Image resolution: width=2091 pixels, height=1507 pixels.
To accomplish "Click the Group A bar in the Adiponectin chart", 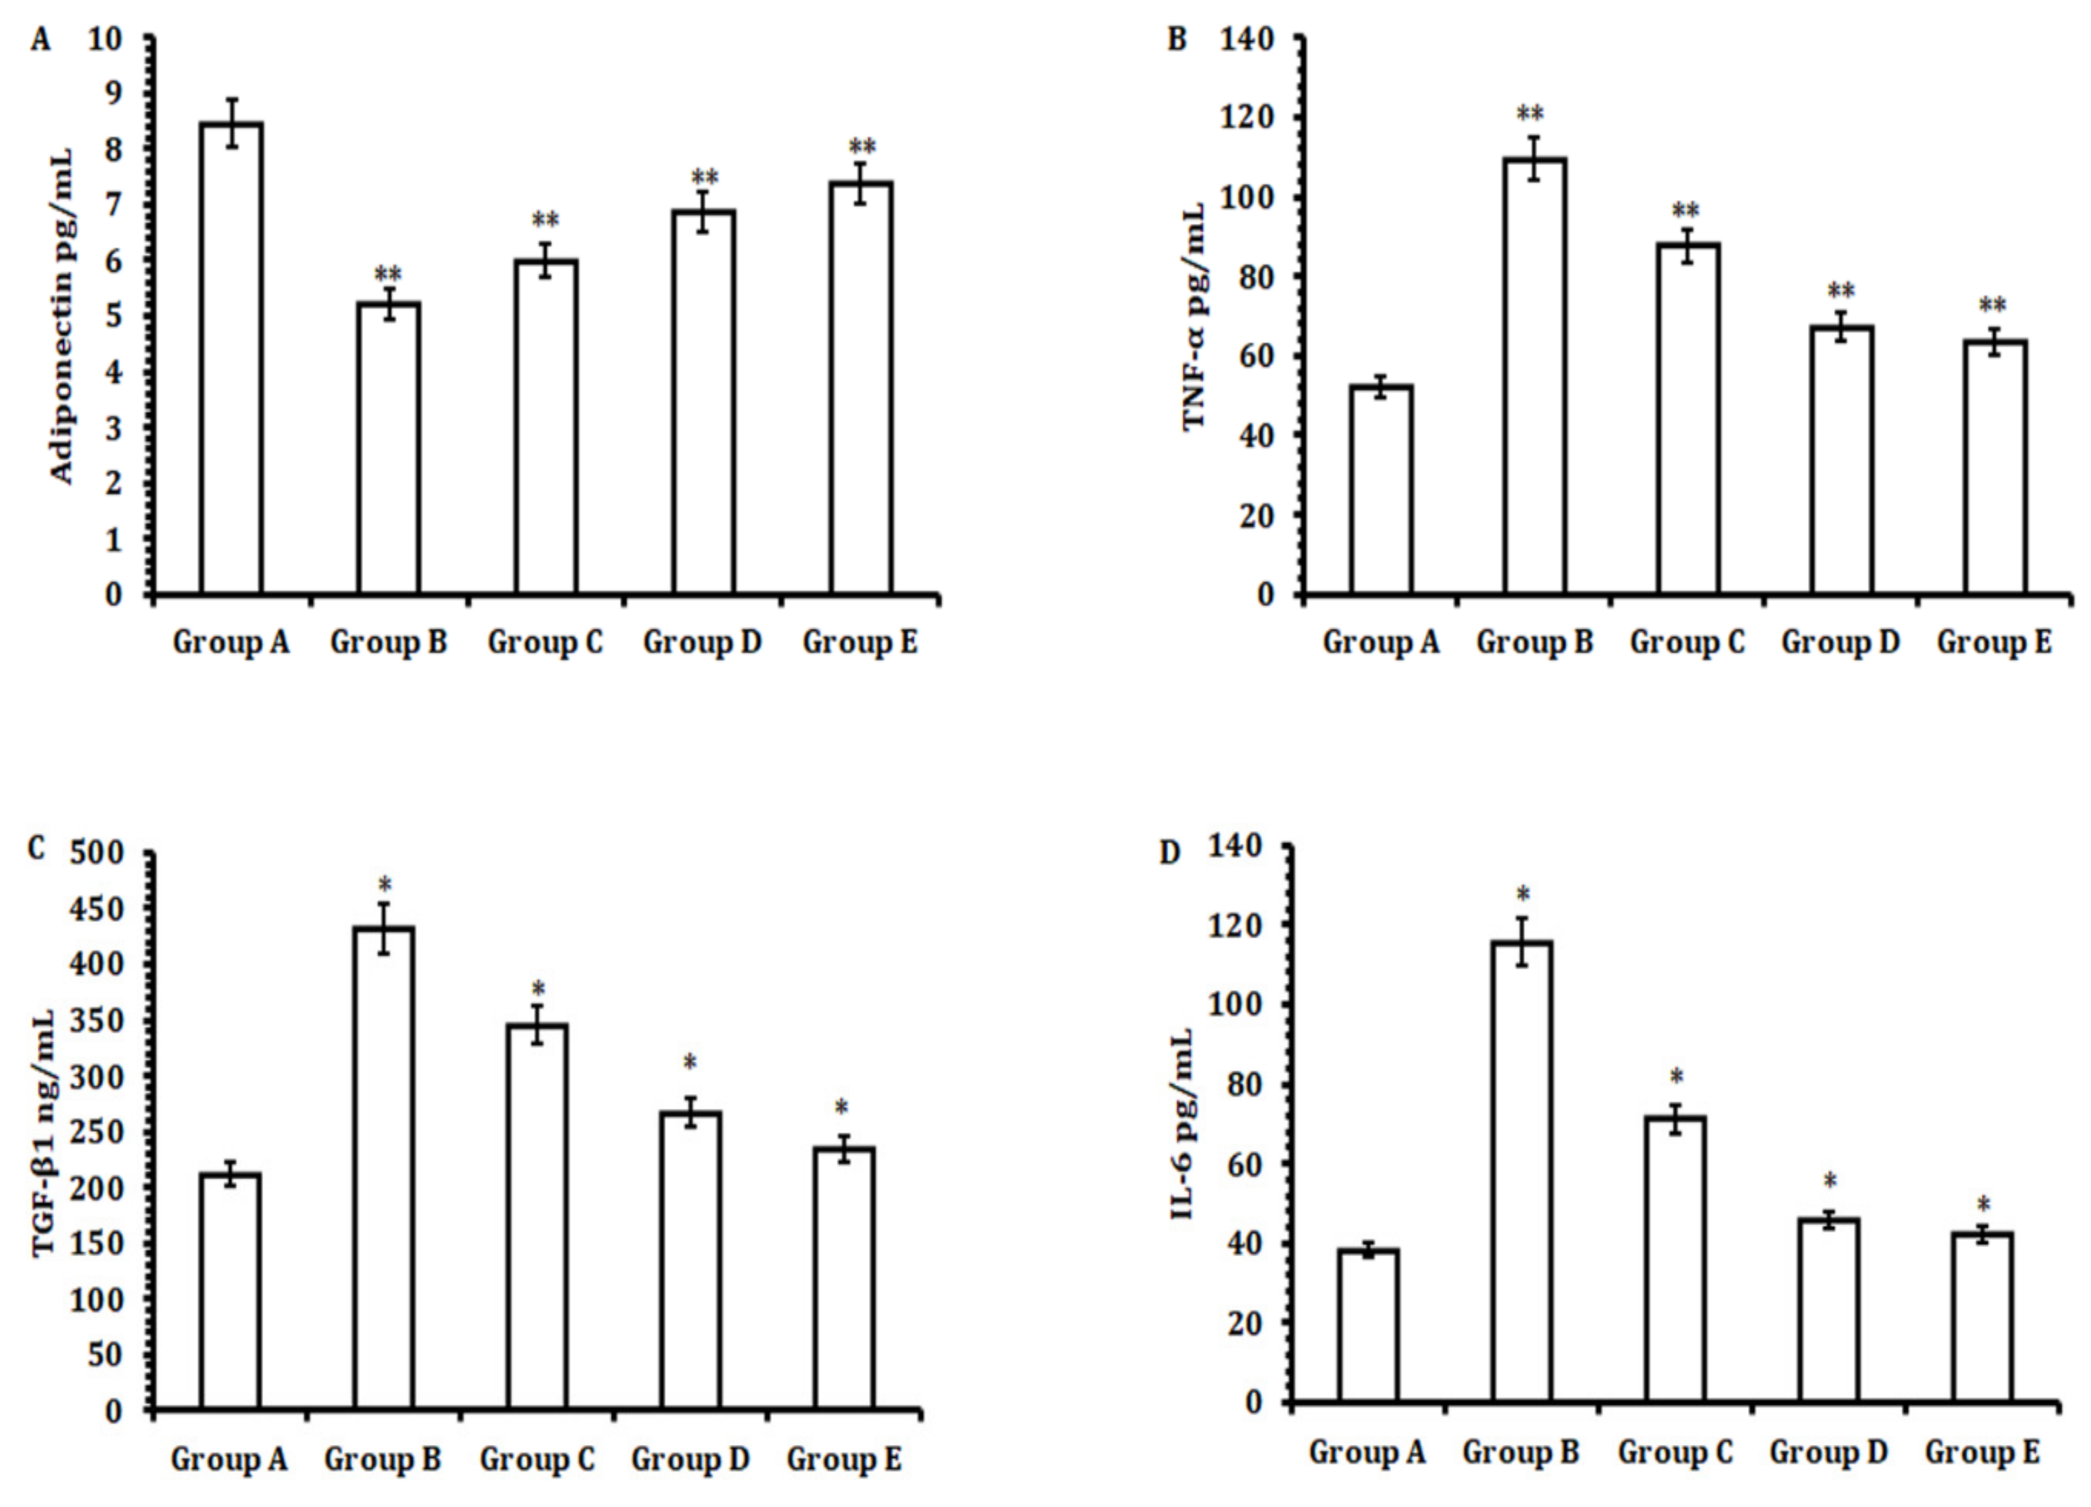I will click(x=232, y=360).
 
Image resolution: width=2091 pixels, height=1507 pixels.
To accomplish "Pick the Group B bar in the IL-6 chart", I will click(x=1522, y=1171).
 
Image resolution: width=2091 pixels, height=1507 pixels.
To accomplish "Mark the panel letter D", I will click(x=1169, y=853).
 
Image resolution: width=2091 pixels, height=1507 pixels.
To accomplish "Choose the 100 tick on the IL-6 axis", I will click(x=1236, y=1005).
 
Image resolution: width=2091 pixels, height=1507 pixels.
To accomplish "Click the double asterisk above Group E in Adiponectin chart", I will click(x=862, y=147).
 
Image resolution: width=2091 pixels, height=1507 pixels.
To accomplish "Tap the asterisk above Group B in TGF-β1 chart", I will click(x=385, y=887).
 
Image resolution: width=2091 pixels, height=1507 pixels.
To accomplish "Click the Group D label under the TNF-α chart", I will click(x=1840, y=642).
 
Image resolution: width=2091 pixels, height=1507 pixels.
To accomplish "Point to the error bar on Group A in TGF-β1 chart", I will click(x=230, y=1173).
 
